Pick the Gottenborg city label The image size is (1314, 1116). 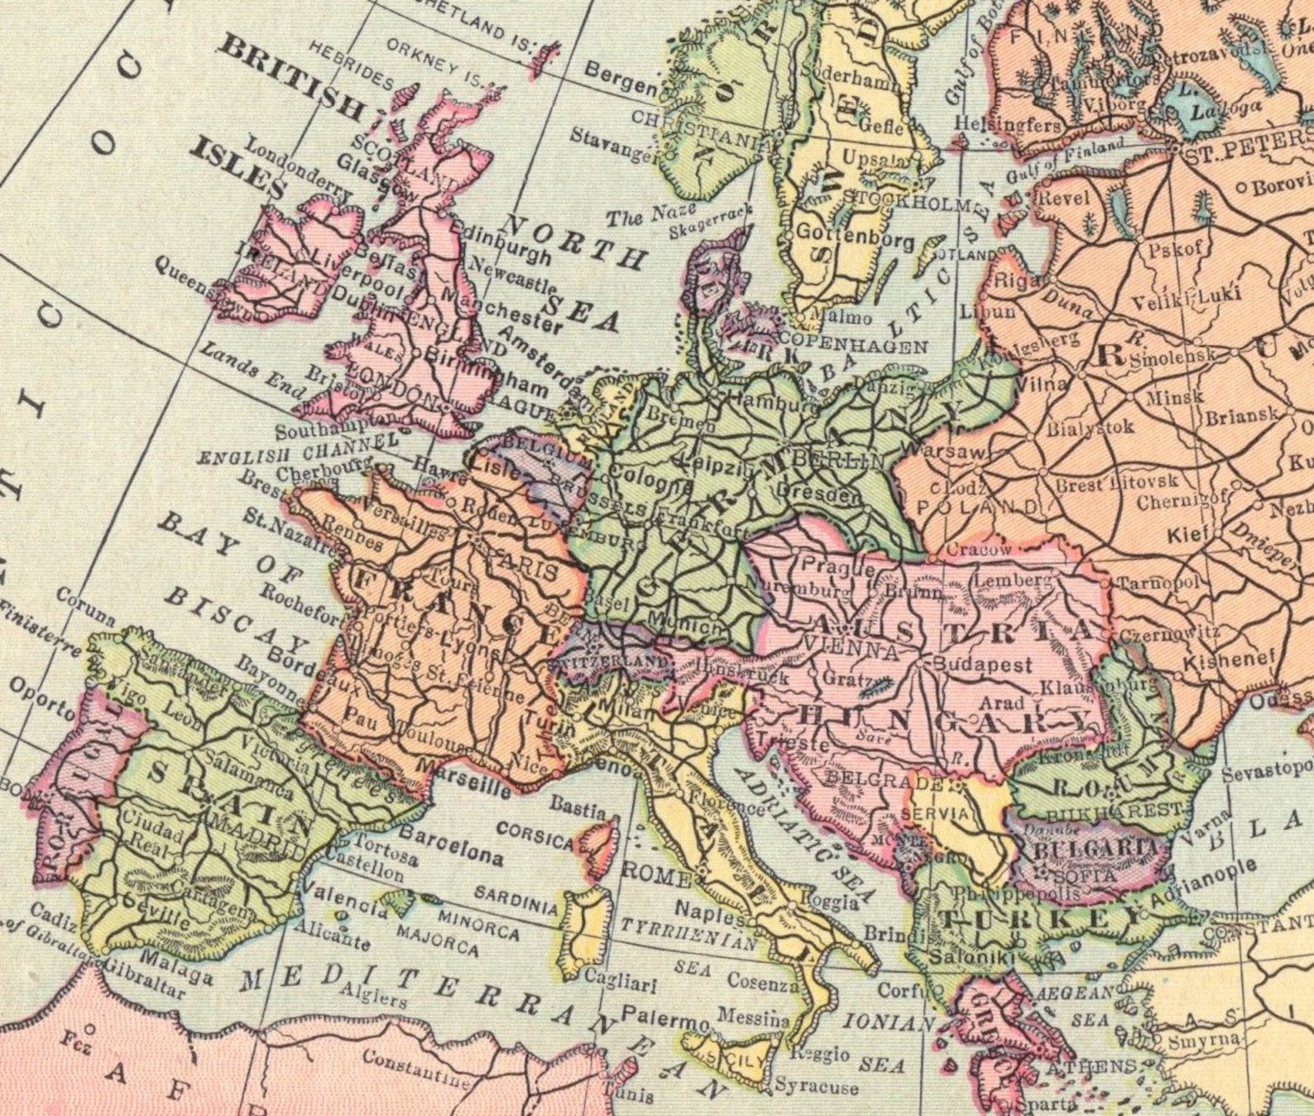(854, 238)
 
